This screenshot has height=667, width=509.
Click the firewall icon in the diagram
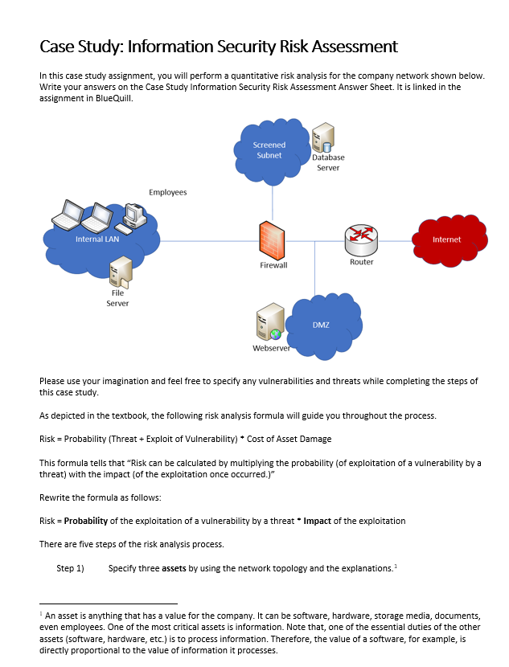[x=273, y=239]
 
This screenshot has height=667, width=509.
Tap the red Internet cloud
[x=446, y=239]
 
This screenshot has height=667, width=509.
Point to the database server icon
[x=322, y=139]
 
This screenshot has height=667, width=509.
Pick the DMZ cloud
[x=321, y=325]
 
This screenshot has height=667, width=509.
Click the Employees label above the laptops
[x=167, y=193]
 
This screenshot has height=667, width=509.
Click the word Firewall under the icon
[x=273, y=265]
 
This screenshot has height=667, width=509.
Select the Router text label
[x=361, y=262]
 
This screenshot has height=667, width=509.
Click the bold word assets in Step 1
[x=174, y=568]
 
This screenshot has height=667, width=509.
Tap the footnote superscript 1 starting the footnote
[x=41, y=612]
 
